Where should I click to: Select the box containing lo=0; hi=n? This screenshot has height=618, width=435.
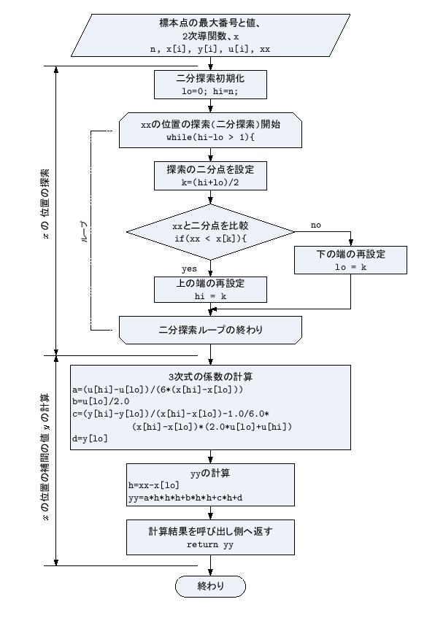210,84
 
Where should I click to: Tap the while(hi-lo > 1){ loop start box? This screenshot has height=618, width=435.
210,130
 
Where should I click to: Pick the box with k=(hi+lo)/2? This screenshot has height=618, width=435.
210,175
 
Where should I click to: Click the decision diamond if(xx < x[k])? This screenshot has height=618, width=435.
210,231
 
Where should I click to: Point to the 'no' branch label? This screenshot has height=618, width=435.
315,225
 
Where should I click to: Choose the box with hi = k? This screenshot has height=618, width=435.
210,290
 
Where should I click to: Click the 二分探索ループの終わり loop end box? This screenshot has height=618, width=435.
210,330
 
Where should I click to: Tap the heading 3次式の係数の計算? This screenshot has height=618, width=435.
210,377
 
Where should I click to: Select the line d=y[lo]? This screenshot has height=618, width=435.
89,438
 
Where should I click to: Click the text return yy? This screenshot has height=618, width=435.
210,544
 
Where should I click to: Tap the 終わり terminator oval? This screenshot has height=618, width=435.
210,586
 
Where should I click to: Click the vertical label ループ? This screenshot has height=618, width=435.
83,227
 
